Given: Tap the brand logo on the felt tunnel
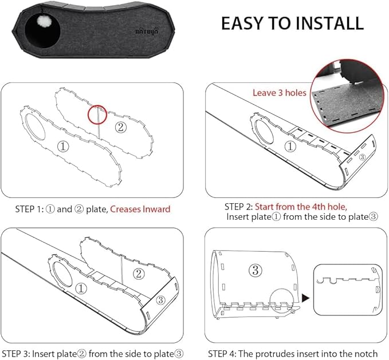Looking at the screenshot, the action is point(147,31).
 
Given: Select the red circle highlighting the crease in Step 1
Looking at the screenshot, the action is point(97,114).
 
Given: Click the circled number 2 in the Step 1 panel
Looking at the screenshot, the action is point(121,128).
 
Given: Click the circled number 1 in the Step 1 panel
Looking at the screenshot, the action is point(63,147).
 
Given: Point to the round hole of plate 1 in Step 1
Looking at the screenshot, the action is point(35,126).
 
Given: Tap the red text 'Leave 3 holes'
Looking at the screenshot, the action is point(280,93).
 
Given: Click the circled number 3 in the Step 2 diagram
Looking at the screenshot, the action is point(362,157).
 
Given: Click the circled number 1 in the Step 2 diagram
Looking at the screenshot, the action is point(290,147).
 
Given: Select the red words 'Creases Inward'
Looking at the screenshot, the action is point(140,209).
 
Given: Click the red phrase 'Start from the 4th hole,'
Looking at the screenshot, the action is point(301,207).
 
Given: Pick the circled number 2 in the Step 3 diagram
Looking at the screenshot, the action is point(139,274).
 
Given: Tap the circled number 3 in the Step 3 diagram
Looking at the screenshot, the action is point(160,300).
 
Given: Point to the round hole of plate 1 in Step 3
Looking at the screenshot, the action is point(62,274).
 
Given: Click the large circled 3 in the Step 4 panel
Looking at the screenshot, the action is point(256,270).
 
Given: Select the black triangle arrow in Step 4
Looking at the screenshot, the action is point(306,298).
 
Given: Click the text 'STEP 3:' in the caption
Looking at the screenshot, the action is point(15,354).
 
